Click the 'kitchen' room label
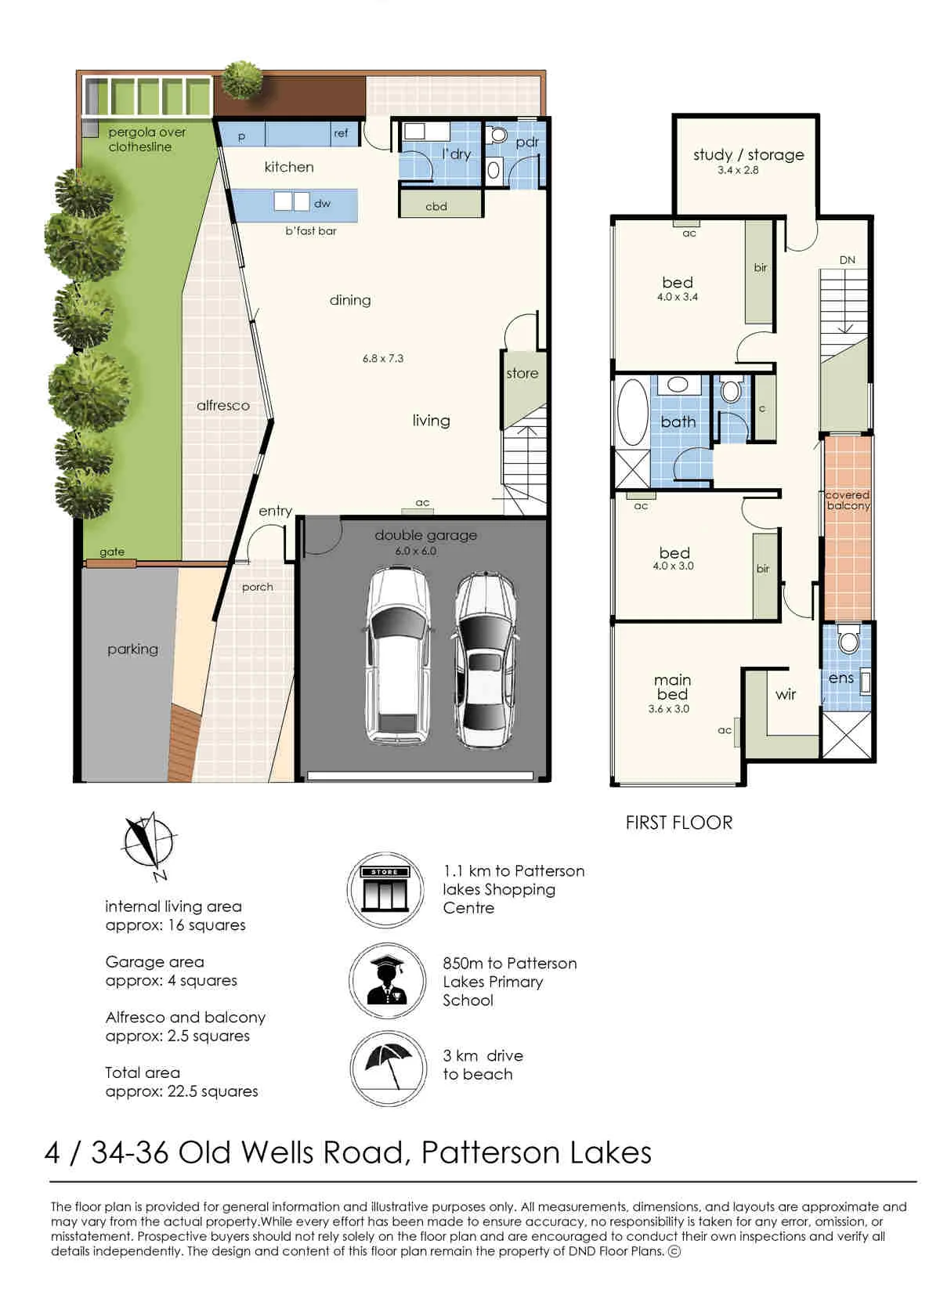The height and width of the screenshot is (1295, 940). tap(288, 167)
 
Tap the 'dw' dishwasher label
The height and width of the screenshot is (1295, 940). tap(322, 204)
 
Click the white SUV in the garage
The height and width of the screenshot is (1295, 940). tap(398, 655)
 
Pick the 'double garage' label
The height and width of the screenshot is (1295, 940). tap(425, 535)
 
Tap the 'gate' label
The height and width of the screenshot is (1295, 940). tap(111, 552)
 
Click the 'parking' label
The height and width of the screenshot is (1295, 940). tap(132, 649)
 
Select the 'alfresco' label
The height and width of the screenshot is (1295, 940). tap(223, 405)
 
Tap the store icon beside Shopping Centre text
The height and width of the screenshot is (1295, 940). tap(385, 890)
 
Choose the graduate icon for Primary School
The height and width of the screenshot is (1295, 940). tap(387, 981)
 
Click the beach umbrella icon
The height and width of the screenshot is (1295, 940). tap(389, 1069)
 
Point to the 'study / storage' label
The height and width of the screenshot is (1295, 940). tap(749, 154)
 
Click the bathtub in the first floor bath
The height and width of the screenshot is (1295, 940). tap(632, 412)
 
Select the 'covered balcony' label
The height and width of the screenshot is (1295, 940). tap(848, 500)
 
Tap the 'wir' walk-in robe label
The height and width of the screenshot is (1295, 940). tap(786, 694)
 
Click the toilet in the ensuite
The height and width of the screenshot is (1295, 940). tap(848, 638)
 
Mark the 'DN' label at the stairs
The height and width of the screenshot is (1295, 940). tap(847, 260)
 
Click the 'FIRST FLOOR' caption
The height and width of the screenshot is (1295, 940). tap(678, 823)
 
